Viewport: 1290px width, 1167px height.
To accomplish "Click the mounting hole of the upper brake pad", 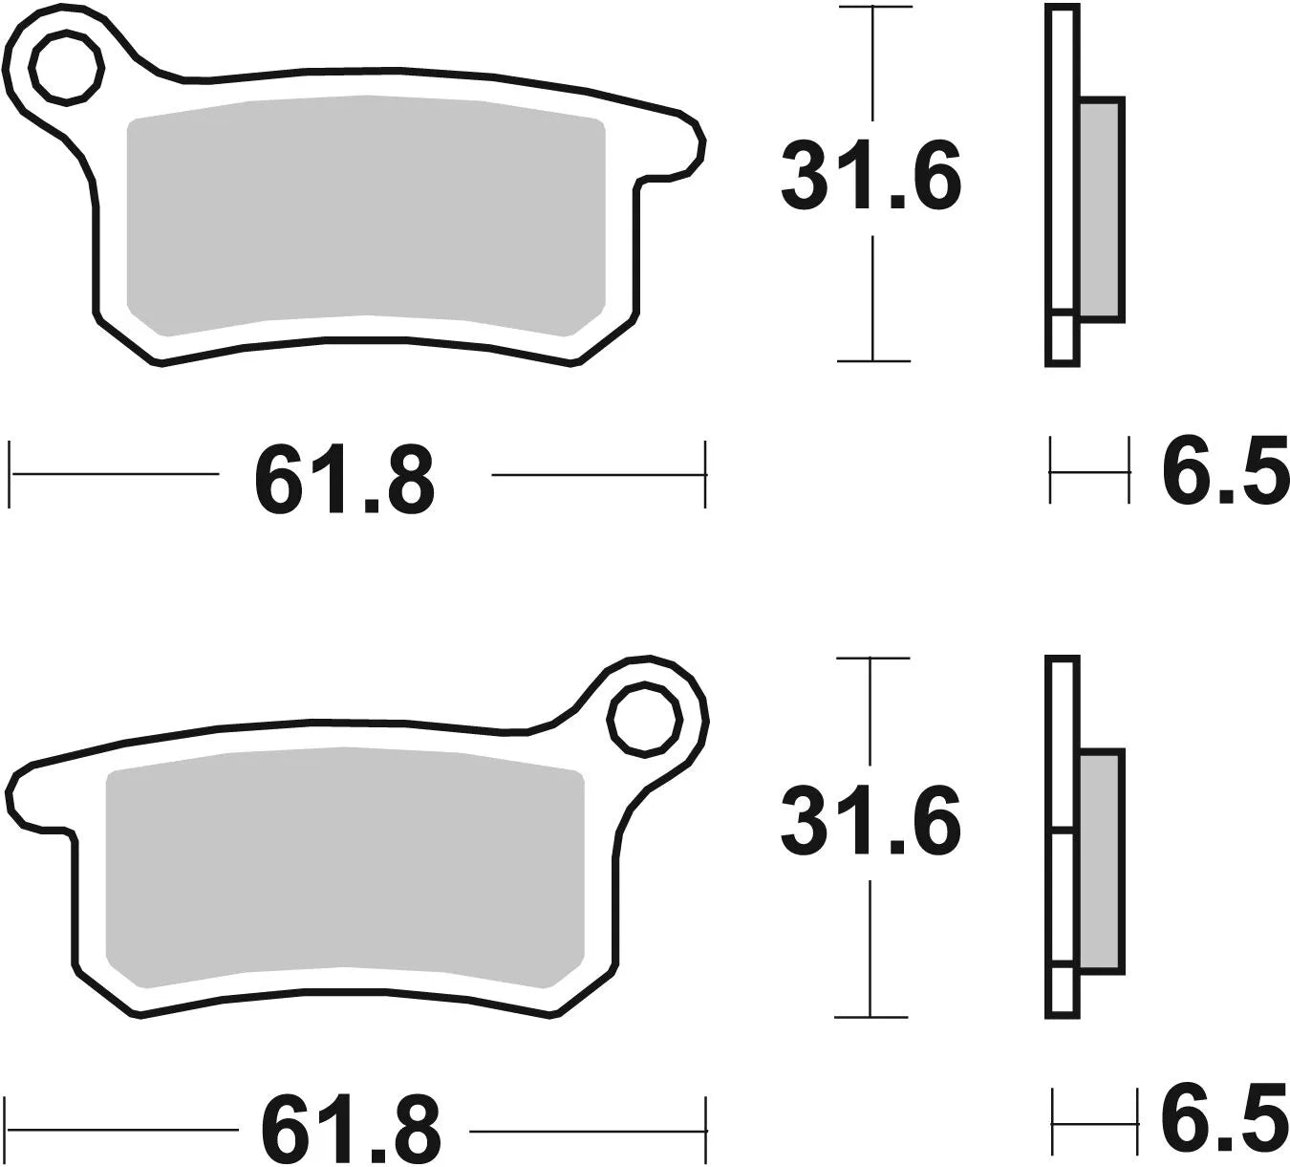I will coord(66,66).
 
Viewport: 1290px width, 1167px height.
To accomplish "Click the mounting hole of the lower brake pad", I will coord(647,719).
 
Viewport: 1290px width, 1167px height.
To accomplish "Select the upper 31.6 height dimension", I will coord(871,178).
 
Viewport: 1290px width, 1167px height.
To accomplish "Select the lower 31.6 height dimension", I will coord(871,823).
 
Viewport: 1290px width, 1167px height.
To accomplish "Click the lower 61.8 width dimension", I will coord(351,1129).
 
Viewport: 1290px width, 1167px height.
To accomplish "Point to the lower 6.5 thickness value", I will coord(1224,1115).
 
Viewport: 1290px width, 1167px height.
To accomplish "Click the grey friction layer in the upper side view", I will coord(1101,208).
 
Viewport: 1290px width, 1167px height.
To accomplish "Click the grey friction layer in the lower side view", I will coord(1101,860).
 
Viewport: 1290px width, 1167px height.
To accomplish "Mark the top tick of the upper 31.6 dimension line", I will coord(873,8).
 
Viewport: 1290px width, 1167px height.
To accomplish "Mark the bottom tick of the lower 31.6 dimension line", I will coord(871,1017).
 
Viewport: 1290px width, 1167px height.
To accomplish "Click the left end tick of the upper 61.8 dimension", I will coord(11,473).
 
